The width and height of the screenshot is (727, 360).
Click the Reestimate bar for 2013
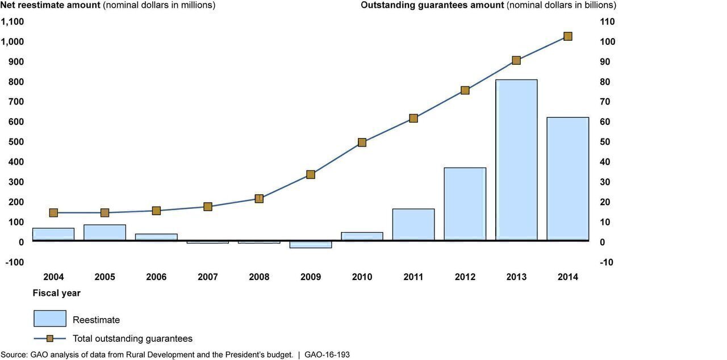pos(516,160)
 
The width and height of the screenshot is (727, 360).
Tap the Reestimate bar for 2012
pos(465,204)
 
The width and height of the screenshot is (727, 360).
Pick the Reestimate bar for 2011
pos(413,225)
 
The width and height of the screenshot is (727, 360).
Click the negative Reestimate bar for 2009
pos(311,245)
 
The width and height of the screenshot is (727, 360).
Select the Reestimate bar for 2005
pos(105,233)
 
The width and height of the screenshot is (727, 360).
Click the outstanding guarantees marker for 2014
pos(567,36)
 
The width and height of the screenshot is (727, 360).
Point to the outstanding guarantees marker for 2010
pos(362,143)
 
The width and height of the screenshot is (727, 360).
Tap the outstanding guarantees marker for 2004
pos(53,213)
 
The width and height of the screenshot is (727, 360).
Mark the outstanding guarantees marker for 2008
pos(259,199)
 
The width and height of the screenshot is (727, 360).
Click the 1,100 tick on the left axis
pos(12,22)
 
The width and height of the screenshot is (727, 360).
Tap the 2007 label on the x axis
pos(208,277)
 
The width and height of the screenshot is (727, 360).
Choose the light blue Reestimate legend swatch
pos(50,319)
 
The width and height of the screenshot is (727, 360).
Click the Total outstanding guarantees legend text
pos(132,339)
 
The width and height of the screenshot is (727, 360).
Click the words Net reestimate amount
pos(50,5)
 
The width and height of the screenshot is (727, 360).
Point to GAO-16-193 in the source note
pos(327,355)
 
